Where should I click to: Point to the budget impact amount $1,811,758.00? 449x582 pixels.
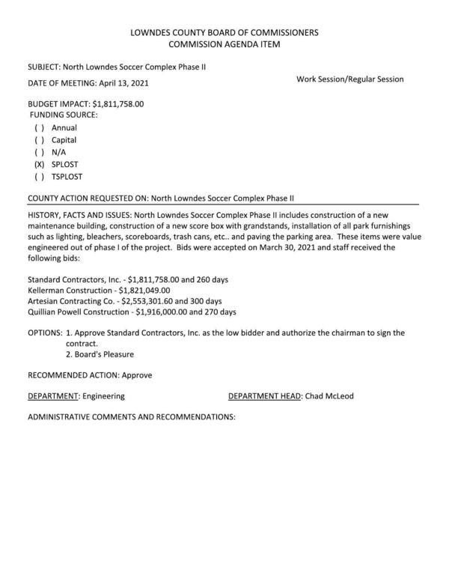(117, 103)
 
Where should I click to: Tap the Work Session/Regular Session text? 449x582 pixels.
(349, 79)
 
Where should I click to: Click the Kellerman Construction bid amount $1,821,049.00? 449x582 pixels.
(144, 290)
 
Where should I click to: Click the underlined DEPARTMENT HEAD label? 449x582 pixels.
(265, 395)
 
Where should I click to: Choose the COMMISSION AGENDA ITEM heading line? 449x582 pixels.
(224, 45)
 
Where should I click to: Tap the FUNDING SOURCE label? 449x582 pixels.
(64, 115)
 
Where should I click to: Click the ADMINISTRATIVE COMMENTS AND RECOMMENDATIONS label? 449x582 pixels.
(131, 416)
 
